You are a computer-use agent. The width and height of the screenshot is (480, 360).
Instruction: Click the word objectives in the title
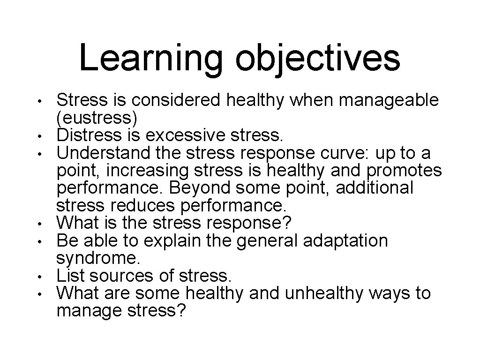[318, 59]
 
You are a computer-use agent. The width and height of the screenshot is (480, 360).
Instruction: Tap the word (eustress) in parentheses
[97, 118]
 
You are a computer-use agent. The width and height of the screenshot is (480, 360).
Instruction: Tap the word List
[70, 276]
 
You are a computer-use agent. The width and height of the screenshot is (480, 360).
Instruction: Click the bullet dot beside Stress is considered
[41, 101]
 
